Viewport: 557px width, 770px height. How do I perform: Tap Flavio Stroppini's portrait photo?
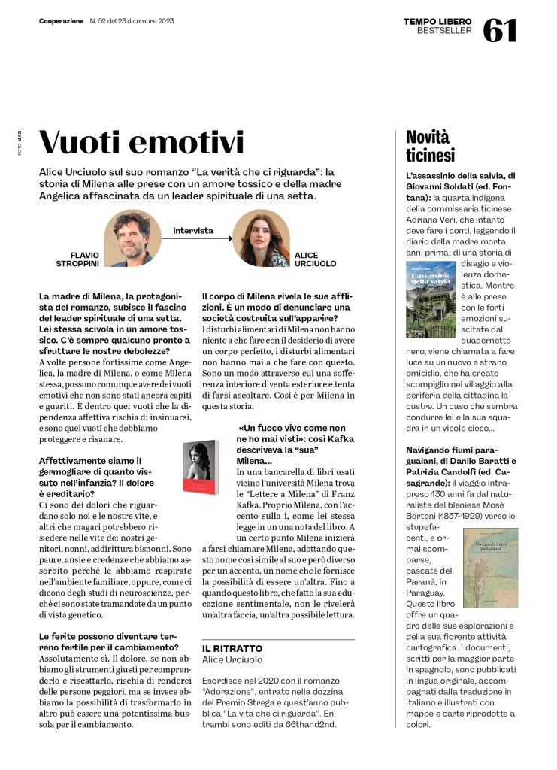(x=132, y=237)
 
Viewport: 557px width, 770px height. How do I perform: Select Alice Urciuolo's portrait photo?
(x=261, y=238)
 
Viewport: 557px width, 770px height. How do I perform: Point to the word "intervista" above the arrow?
(x=193, y=230)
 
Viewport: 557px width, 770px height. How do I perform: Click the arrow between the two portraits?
(x=196, y=239)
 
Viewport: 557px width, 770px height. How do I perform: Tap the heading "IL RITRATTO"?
(x=232, y=647)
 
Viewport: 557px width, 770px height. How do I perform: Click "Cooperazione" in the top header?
(x=61, y=21)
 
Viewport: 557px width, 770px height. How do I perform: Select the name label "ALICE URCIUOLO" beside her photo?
(x=315, y=259)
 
